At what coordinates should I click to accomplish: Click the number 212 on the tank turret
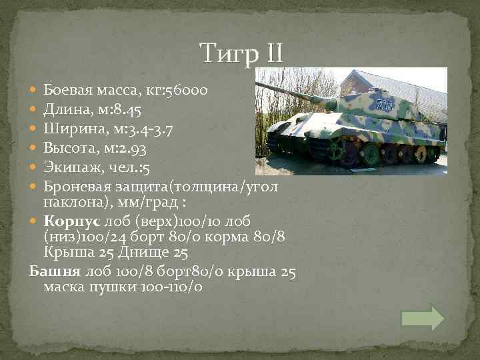383,104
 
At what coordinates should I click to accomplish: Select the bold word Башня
53,272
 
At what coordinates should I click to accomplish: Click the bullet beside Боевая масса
35,89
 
